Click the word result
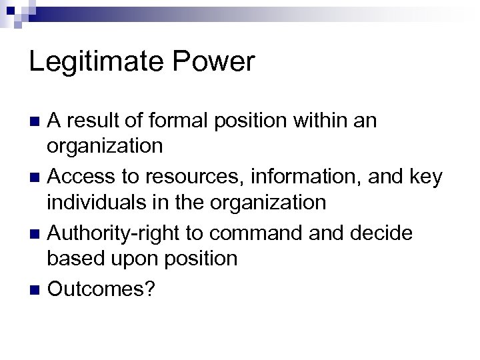[103, 121]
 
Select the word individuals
[107, 203]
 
